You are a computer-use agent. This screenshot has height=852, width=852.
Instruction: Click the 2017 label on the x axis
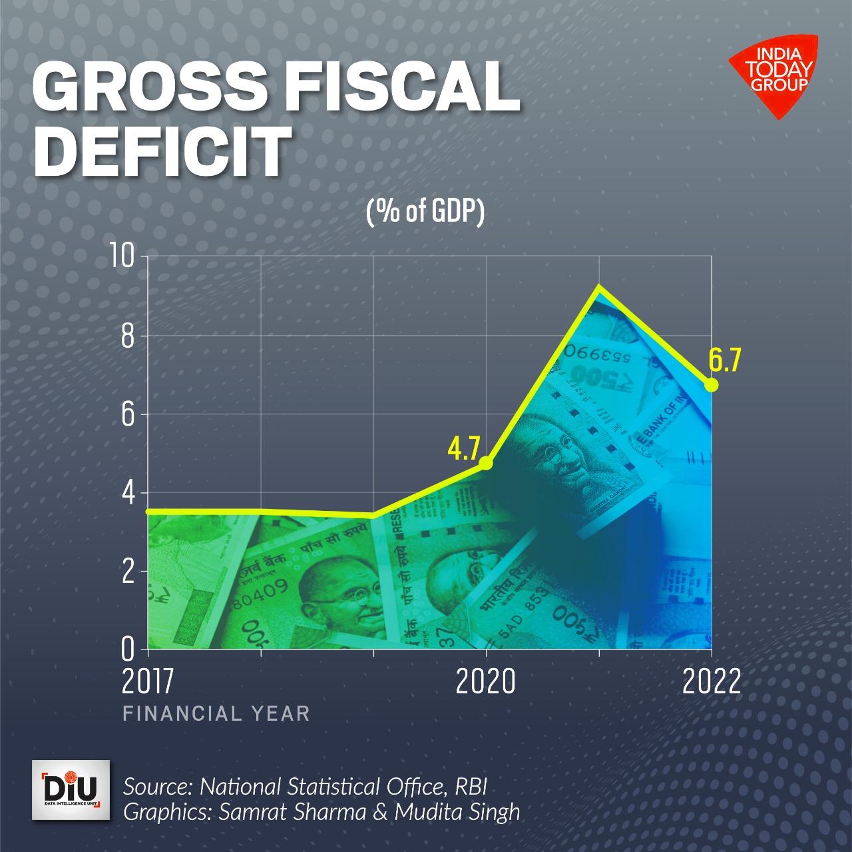point(147,682)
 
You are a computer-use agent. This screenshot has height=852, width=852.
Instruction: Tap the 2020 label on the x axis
point(486,682)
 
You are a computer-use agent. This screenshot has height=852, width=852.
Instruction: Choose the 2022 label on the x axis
point(711,682)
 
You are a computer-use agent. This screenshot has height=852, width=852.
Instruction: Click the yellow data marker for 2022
point(711,385)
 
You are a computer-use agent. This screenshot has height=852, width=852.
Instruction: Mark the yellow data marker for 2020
point(486,463)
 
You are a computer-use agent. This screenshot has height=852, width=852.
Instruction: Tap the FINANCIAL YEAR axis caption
point(216,714)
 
